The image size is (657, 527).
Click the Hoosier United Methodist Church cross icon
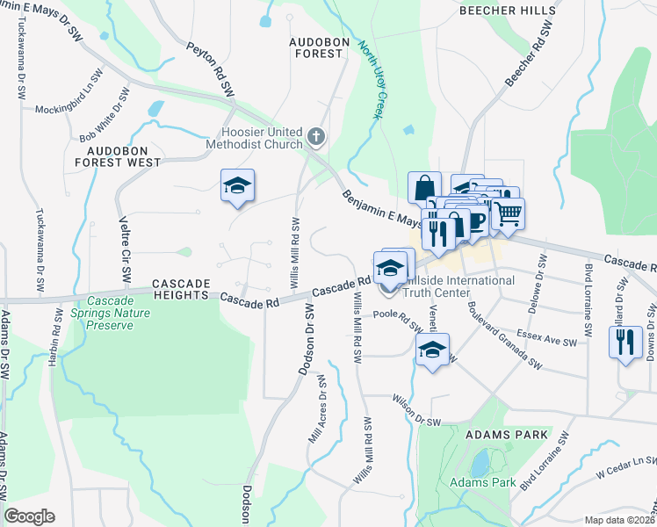click(x=316, y=137)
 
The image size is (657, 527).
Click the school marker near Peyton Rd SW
click(x=236, y=186)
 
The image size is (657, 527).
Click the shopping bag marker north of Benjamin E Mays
click(x=424, y=187)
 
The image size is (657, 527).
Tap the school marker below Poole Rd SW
click(x=432, y=350)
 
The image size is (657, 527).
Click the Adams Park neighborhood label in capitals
click(x=506, y=435)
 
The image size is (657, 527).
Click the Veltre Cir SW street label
click(x=125, y=248)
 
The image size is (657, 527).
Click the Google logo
click(x=30, y=516)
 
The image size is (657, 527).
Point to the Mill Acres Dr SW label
click(x=317, y=410)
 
